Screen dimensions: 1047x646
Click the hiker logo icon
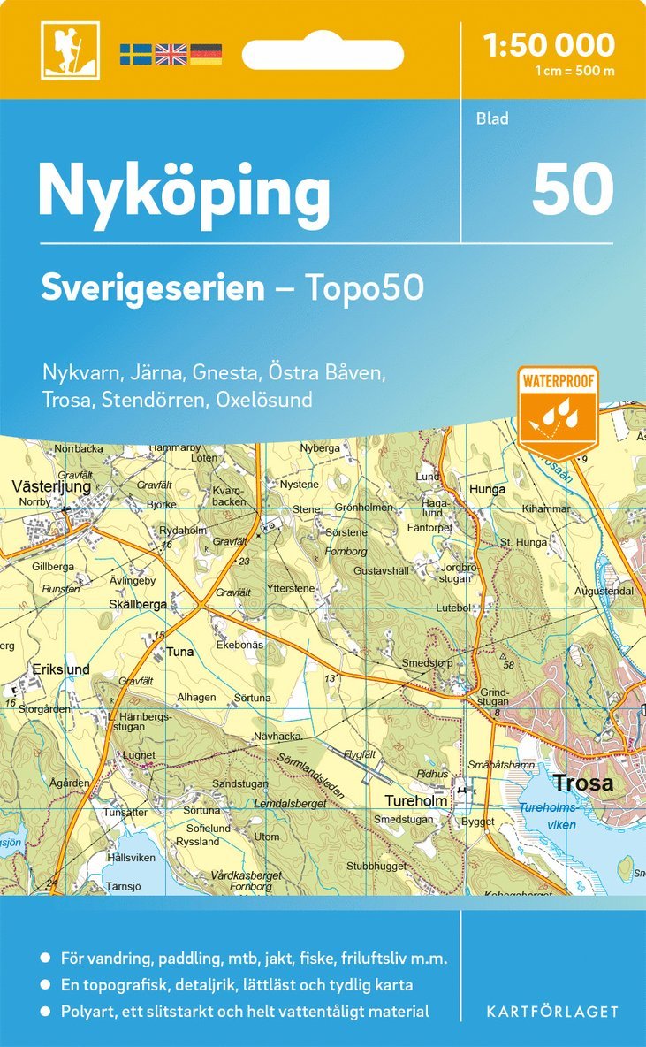[x=70, y=50]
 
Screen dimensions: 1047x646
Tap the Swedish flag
[x=135, y=54]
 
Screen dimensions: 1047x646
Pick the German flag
[x=205, y=54]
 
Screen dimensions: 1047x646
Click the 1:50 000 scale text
[x=550, y=45]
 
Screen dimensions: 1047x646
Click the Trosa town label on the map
[x=582, y=783]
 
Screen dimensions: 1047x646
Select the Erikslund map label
[x=62, y=670]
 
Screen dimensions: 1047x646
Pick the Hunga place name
[x=489, y=489]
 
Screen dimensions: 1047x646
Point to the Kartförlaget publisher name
[x=552, y=1011]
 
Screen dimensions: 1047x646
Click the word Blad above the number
[x=492, y=118]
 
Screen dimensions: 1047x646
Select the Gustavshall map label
[x=381, y=571]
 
